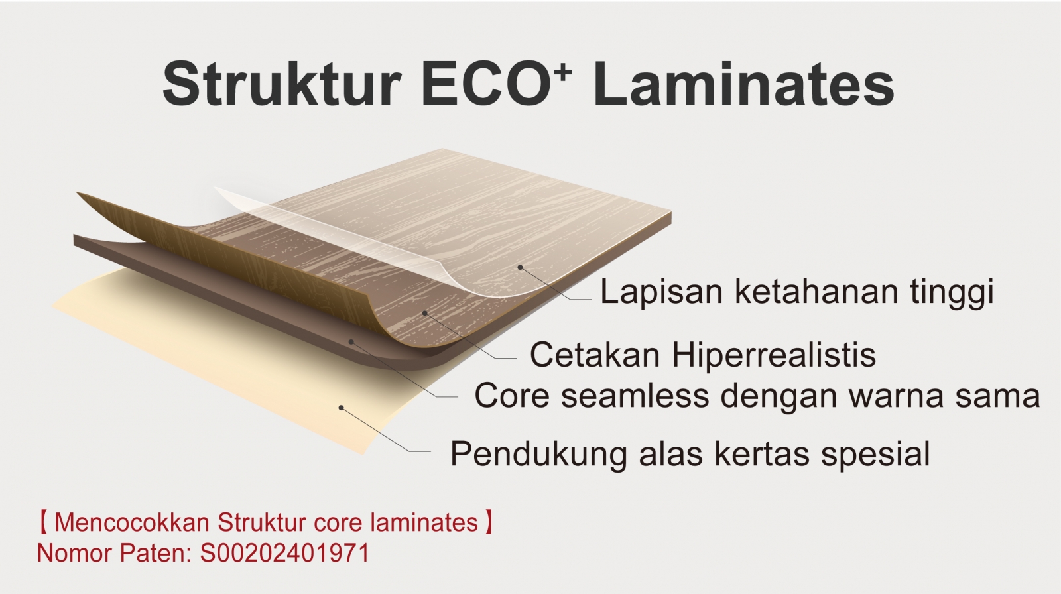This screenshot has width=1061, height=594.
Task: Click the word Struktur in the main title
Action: [x=281, y=84]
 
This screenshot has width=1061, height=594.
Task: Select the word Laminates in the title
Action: [x=743, y=84]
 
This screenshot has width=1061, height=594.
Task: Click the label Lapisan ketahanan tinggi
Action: [x=796, y=292]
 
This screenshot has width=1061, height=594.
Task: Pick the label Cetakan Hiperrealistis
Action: [x=703, y=354]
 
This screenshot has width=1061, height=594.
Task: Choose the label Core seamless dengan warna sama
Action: [x=757, y=396]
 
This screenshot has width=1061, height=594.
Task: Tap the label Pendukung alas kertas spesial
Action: [x=690, y=454]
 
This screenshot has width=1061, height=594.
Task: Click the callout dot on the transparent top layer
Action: [x=520, y=268]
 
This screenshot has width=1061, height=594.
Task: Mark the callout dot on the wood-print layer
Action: [x=425, y=313]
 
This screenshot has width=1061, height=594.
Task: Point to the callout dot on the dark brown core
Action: [x=351, y=341]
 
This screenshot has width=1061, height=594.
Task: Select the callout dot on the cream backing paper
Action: [x=341, y=408]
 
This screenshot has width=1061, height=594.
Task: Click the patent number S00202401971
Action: [x=284, y=553]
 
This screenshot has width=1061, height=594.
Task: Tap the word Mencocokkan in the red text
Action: [x=132, y=522]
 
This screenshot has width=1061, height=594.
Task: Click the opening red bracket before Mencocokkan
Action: [x=43, y=522]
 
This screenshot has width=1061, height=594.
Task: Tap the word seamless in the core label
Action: [x=635, y=396]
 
